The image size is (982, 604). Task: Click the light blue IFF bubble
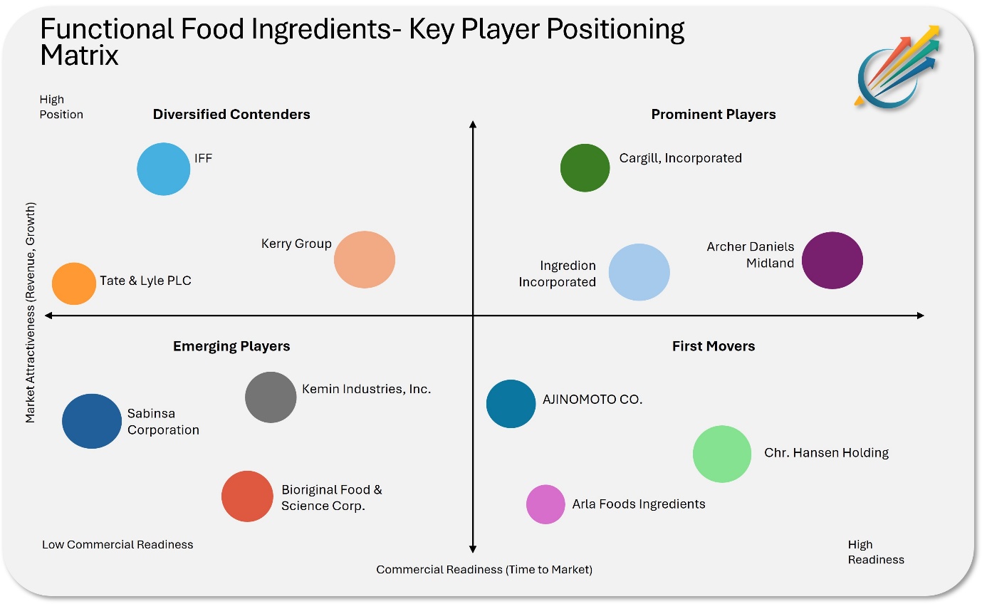pyautogui.click(x=164, y=169)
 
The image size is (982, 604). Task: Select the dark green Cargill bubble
pyautogui.click(x=585, y=167)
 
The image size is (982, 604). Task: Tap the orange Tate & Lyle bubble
pyautogui.click(x=73, y=283)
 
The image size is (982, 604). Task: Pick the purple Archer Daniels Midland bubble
pyautogui.click(x=832, y=260)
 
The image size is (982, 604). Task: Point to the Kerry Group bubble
pyautogui.click(x=365, y=259)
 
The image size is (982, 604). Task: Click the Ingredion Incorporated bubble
pyautogui.click(x=639, y=272)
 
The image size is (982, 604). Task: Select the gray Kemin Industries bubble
pyautogui.click(x=271, y=397)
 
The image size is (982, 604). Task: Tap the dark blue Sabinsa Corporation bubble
pyautogui.click(x=92, y=421)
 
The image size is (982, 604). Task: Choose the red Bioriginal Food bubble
pyautogui.click(x=247, y=496)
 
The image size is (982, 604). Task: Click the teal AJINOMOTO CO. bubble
pyautogui.click(x=511, y=404)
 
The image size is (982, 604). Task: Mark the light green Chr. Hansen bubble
pyautogui.click(x=722, y=454)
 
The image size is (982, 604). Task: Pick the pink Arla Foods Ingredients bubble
pyautogui.click(x=545, y=504)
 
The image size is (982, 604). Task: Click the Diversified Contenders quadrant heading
pyautogui.click(x=231, y=114)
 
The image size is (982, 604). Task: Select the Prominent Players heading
pyautogui.click(x=714, y=114)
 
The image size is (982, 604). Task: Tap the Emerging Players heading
pyautogui.click(x=231, y=346)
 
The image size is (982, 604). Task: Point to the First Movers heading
pyautogui.click(x=714, y=346)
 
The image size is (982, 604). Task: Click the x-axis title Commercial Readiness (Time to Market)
pyautogui.click(x=484, y=569)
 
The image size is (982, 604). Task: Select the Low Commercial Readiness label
pyautogui.click(x=117, y=544)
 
